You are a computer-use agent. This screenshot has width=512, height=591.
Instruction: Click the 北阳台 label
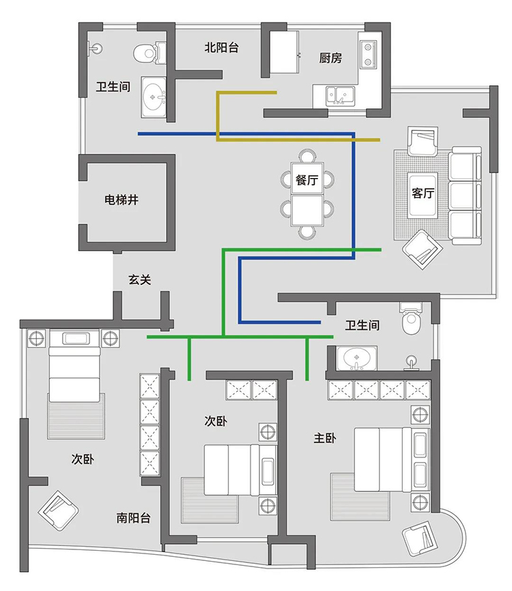coord(222,48)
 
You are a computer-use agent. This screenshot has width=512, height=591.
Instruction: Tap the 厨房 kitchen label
coord(330,58)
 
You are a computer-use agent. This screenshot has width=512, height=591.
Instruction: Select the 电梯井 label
coord(122,200)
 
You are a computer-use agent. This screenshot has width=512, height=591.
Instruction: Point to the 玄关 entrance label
coord(140,279)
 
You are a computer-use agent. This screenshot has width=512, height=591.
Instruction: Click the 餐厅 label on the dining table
coord(307,180)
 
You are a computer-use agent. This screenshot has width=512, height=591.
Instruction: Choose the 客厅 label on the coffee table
coord(423,193)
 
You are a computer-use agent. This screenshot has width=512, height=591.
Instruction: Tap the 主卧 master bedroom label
coord(325,438)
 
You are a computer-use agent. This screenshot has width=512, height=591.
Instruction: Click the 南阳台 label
coord(133,517)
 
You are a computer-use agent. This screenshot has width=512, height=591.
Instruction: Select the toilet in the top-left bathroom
coord(150,52)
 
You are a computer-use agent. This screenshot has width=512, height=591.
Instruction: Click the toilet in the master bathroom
coord(410,318)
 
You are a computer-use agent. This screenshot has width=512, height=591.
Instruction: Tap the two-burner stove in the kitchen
coord(368,55)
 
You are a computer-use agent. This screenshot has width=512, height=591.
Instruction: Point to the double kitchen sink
coord(340,95)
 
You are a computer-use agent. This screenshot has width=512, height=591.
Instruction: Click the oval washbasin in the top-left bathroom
coord(153,97)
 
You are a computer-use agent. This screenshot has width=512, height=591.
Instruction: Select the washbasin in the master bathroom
coord(356,358)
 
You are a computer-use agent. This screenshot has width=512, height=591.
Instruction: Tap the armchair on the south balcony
coord(58,511)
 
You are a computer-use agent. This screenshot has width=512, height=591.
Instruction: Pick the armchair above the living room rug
coord(423,141)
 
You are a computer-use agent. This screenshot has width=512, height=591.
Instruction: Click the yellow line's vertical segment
coord(218,116)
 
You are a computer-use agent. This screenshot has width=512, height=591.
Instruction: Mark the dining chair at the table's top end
coord(307,155)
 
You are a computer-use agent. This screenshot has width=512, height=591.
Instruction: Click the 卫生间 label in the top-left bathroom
coord(113,87)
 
